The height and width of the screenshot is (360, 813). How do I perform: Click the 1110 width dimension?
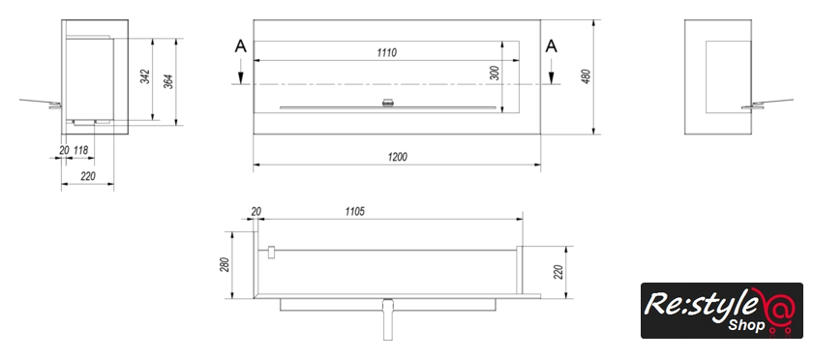[387, 52]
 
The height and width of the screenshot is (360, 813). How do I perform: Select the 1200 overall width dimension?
[397, 157]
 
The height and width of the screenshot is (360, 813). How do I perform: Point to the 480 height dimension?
[587, 76]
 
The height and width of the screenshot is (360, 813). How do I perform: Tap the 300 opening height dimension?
[495, 74]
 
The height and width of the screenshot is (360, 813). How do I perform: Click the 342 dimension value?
[145, 76]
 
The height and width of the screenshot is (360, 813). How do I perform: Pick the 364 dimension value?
[168, 81]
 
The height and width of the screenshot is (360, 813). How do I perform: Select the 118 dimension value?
[81, 150]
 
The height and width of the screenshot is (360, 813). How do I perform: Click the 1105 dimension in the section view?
[354, 211]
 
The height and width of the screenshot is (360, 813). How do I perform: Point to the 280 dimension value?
[224, 265]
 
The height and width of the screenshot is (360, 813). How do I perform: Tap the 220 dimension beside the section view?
[558, 272]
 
